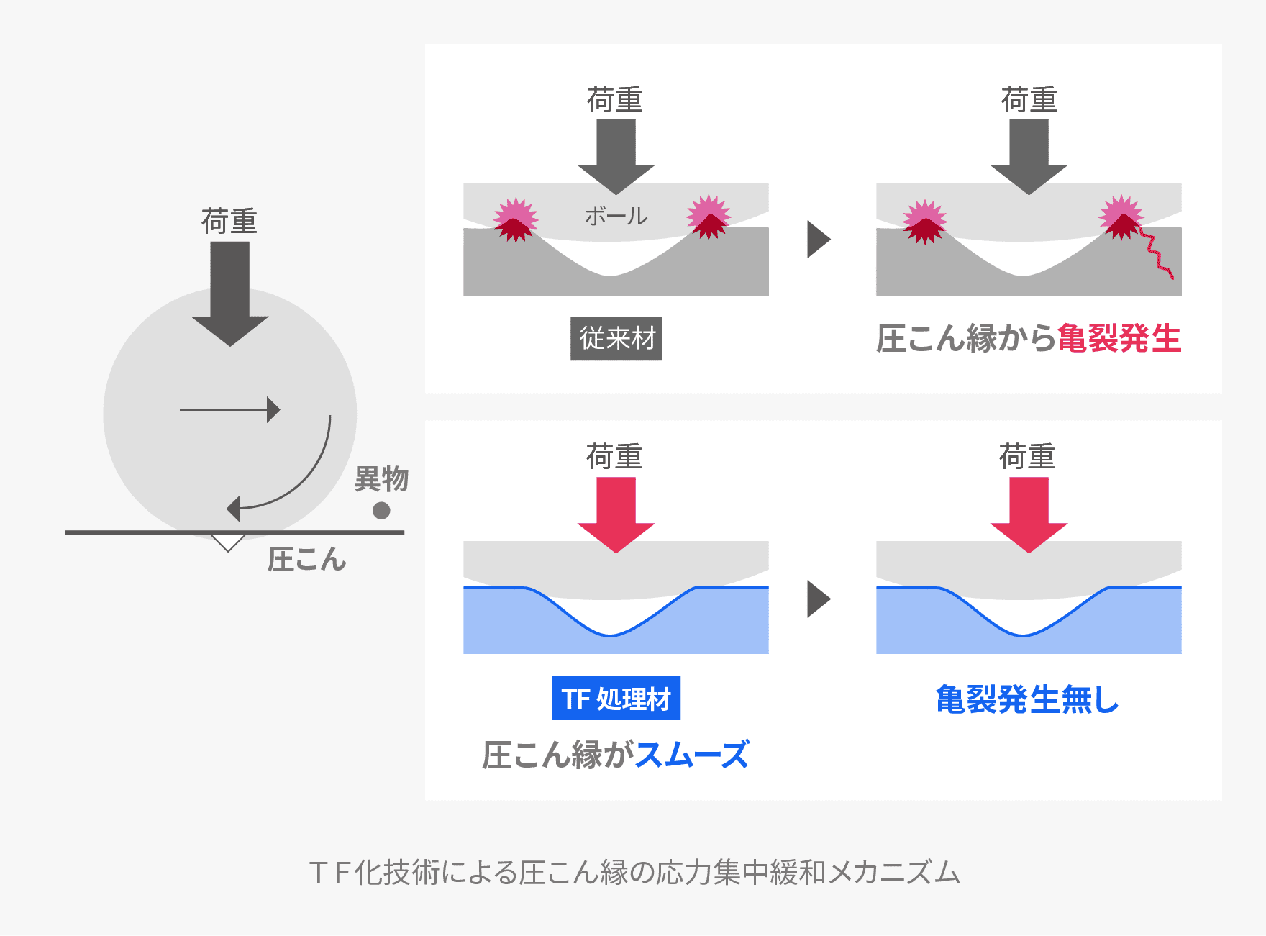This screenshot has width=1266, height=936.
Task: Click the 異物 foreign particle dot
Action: (381, 511)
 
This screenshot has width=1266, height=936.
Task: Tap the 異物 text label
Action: (381, 479)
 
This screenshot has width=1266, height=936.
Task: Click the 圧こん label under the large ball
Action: (307, 559)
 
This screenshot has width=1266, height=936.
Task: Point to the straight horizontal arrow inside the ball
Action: (229, 410)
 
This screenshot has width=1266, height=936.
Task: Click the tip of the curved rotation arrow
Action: (232, 509)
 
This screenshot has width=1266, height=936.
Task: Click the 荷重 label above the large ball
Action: (229, 221)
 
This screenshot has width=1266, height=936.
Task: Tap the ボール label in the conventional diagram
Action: (616, 216)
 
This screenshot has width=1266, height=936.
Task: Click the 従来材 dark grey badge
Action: (616, 339)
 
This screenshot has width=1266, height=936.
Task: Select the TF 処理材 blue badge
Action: (616, 699)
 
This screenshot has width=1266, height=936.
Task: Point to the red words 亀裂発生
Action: (1119, 339)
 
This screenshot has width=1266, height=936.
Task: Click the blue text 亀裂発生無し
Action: (1027, 699)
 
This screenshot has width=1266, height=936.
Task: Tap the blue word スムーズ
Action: (692, 755)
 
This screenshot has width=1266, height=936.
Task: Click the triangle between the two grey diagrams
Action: (818, 240)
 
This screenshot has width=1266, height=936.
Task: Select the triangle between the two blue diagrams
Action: (818, 599)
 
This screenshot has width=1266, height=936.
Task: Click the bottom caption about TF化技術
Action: (634, 873)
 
